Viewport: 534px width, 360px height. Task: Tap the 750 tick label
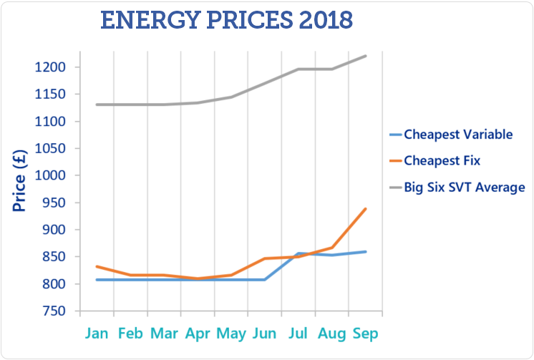[56, 311]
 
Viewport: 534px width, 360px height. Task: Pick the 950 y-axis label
[56, 203]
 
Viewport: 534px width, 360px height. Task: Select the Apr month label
[198, 334]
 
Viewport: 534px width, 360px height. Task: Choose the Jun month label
[265, 334]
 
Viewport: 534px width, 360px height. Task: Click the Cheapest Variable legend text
[458, 135]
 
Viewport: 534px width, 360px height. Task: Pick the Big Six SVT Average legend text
[465, 188]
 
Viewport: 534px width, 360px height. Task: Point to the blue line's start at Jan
[97, 280]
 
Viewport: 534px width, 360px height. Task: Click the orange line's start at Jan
[97, 266]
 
